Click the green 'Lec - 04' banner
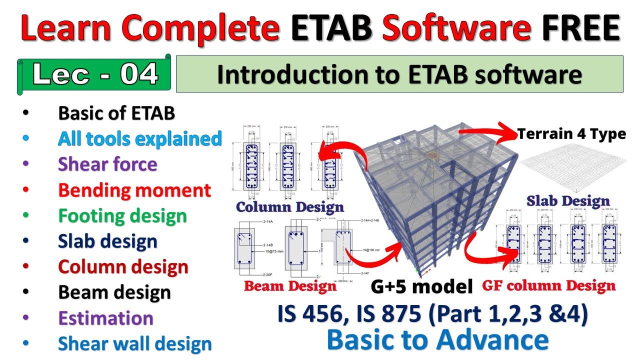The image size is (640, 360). tap(95, 74)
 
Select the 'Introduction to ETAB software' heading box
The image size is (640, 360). tap(399, 74)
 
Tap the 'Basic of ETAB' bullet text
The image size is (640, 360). tap(116, 113)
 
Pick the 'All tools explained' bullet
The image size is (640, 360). tap(139, 139)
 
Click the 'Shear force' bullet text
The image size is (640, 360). tap(107, 164)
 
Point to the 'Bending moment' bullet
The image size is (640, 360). tap(134, 190)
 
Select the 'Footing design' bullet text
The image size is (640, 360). tap(122, 216)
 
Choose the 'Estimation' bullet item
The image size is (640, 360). tap(105, 318)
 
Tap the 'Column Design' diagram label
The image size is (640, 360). tap(290, 207)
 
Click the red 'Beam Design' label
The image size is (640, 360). tap(290, 286)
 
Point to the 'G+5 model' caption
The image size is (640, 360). tap(421, 286)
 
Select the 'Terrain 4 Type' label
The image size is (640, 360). tap(571, 134)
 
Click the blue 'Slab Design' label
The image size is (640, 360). tap(567, 201)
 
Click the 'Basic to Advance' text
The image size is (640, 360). tap(437, 340)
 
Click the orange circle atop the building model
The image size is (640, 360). tap(431, 155)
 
